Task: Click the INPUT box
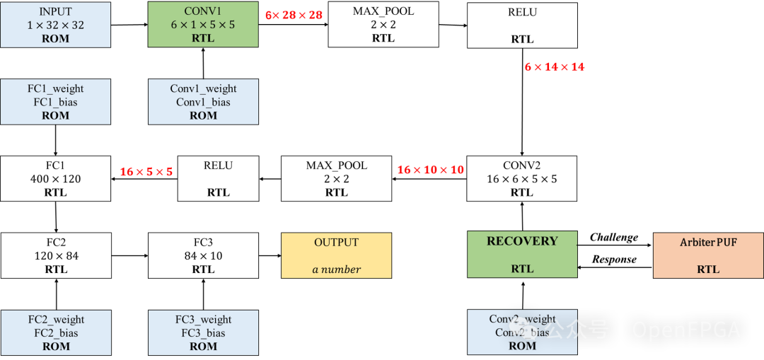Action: coord(55,25)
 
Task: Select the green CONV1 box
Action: coord(203,25)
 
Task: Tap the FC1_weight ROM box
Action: coord(55,102)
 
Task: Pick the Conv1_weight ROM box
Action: coord(203,102)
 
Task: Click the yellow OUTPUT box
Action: coord(336,255)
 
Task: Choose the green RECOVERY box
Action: coord(522,254)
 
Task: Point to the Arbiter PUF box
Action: coord(708,255)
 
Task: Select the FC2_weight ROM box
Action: coord(56,332)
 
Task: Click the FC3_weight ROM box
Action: coord(203,332)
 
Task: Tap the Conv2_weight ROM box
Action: coord(522,332)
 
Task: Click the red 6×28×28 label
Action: coord(294,15)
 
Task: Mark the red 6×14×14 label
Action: coord(555,67)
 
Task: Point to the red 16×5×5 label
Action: coord(146,172)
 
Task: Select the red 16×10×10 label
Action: coord(430,170)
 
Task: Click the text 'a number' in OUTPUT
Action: coord(336,269)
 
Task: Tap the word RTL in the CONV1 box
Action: coord(203,38)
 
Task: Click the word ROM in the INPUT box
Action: coord(55,38)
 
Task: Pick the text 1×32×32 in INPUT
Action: coord(55,25)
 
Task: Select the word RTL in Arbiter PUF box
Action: coord(708,269)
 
